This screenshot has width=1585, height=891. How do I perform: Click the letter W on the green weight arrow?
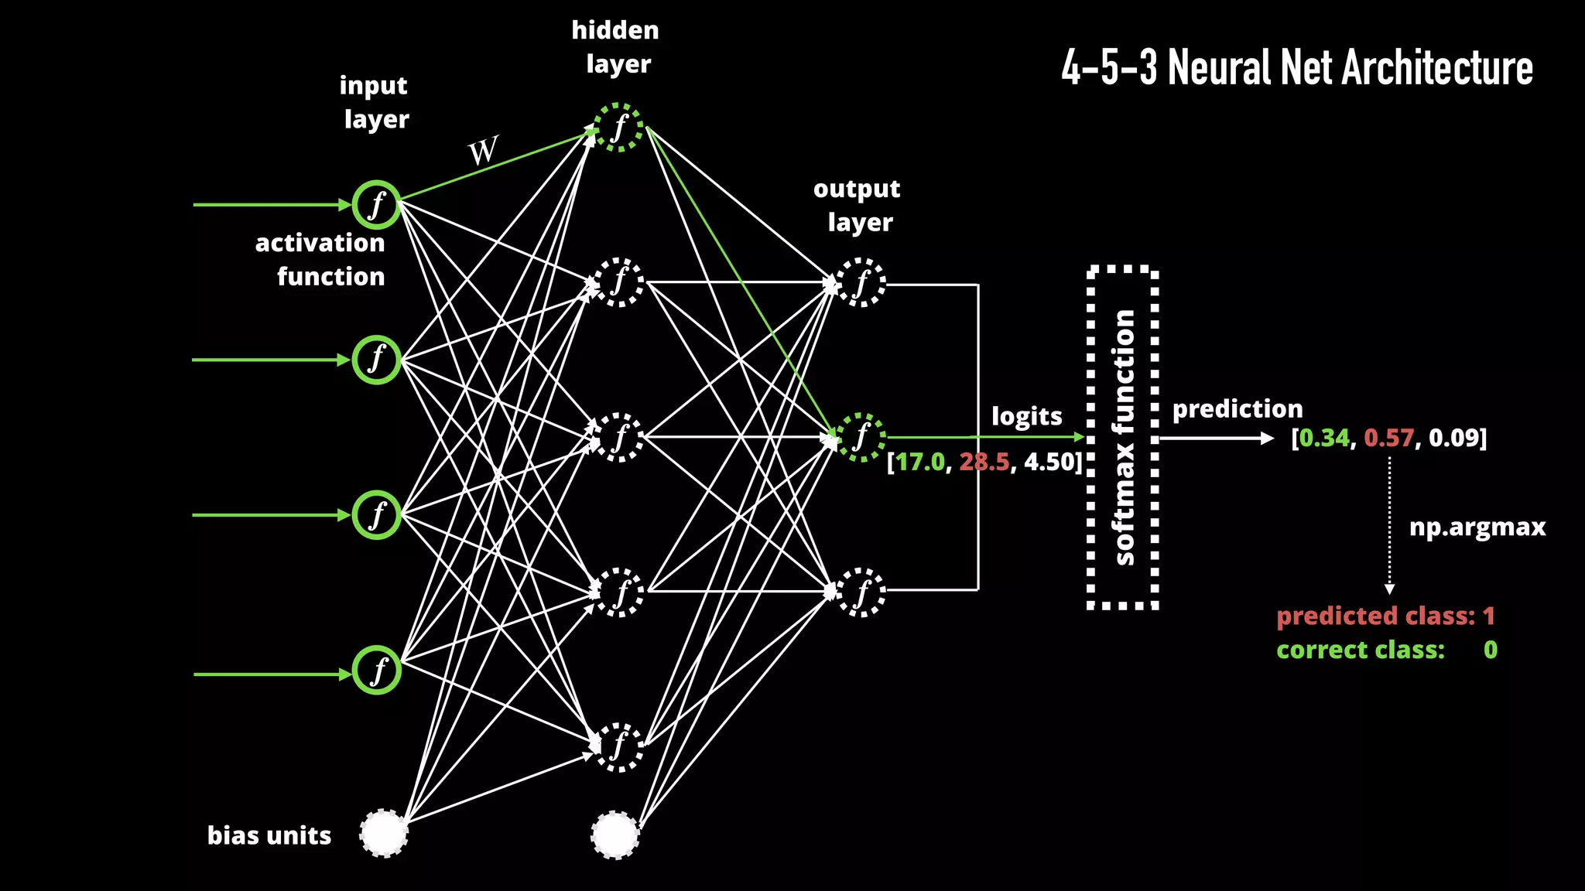coord(483,150)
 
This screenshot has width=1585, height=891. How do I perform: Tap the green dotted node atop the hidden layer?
coord(618,128)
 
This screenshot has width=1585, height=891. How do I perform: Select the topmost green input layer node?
coord(376,205)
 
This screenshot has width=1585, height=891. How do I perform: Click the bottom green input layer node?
coord(376,670)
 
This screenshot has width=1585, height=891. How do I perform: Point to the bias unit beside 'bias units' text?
coord(384,834)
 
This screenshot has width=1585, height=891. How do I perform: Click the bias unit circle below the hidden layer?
coord(615,835)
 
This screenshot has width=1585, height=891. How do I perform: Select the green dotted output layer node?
coord(860,438)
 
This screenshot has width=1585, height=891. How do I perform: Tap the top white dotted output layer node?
coord(860,283)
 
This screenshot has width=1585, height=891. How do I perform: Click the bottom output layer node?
coord(860,592)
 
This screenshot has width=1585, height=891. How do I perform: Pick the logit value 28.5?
coord(984,462)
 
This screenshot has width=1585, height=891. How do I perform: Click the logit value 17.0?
coord(920,462)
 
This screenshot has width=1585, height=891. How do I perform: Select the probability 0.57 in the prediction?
coord(1388,438)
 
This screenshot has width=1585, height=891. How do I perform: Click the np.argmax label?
coord(1477,527)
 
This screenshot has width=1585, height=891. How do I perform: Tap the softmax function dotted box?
coord(1123,438)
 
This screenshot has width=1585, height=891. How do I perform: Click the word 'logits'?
coord(1026,416)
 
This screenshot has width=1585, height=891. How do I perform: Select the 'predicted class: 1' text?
coord(1385,616)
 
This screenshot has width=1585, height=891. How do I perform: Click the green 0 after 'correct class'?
coord(1490,650)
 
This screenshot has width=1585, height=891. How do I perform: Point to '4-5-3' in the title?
coord(1108,68)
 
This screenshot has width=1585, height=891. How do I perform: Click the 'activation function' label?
coord(320,260)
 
